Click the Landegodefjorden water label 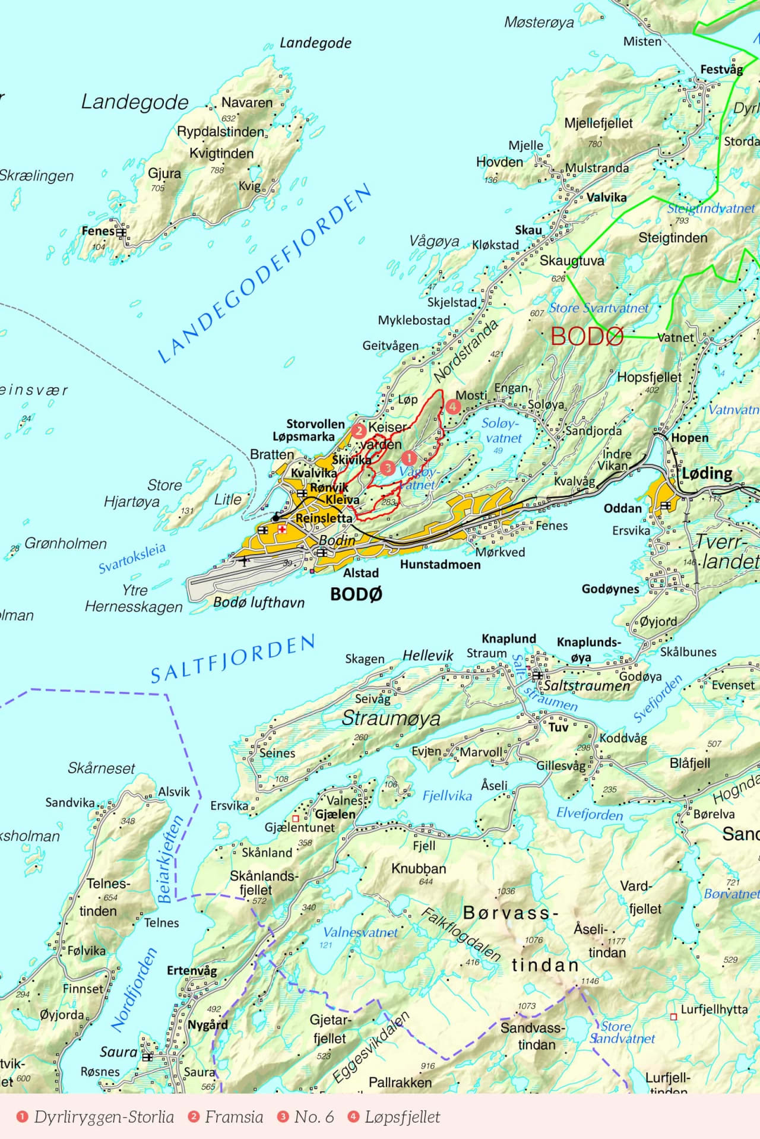(x=265, y=274)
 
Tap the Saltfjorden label (x=233, y=659)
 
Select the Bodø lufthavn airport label (x=259, y=602)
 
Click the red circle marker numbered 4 (x=453, y=407)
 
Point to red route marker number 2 (x=359, y=430)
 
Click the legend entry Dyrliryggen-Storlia (x=103, y=1117)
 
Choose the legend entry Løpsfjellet (x=402, y=1117)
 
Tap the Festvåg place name (x=721, y=69)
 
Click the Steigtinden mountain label (x=673, y=238)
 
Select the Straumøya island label (x=391, y=719)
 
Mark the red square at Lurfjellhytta (x=673, y=1017)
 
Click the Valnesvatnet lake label (x=360, y=932)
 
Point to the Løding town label (x=707, y=473)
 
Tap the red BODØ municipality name (x=587, y=337)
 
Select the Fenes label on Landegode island (x=97, y=231)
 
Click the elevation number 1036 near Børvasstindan (x=506, y=891)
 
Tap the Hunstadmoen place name (x=440, y=565)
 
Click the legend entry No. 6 (x=313, y=1117)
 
